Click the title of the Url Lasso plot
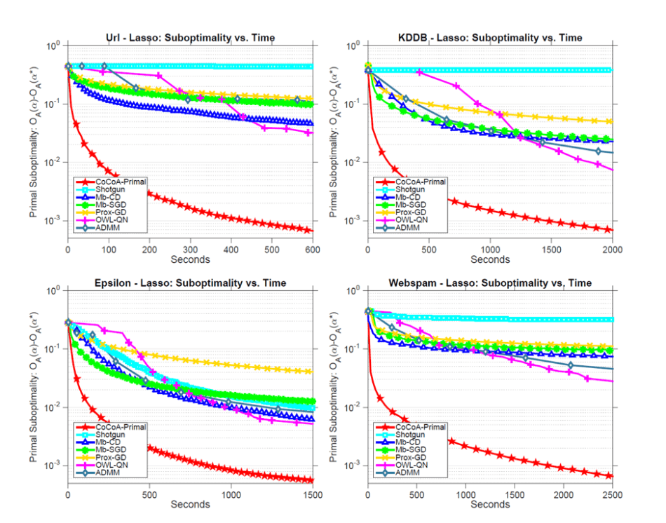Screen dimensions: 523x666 190,37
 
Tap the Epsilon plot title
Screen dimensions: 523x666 190,283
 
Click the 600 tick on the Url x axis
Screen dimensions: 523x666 313,248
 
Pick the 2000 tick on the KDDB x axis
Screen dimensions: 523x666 612,248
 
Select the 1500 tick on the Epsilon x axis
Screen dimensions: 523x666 313,494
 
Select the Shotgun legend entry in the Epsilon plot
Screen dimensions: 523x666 111,435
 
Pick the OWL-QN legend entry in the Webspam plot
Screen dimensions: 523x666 411,466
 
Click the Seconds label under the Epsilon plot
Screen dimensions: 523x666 190,504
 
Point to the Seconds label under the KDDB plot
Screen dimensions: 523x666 490,259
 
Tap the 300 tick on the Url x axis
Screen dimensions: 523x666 190,248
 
